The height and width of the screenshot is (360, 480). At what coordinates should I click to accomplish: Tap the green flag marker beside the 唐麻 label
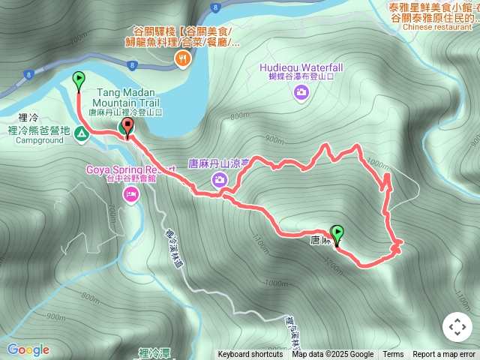[337, 234]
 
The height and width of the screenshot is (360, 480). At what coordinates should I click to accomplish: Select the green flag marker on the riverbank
[79, 80]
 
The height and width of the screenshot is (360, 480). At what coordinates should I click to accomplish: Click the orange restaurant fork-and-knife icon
[181, 58]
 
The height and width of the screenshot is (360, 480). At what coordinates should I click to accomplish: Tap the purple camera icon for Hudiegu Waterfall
[301, 92]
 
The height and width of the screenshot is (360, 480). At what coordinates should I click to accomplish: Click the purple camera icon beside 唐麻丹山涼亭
[220, 178]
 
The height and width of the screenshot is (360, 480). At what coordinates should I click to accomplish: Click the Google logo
[28, 349]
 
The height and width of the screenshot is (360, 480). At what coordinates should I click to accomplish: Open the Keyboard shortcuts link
[250, 355]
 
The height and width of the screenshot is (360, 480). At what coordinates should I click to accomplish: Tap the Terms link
[393, 355]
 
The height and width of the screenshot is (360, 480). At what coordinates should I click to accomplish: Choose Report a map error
[444, 355]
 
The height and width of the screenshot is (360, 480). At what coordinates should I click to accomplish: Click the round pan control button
[457, 327]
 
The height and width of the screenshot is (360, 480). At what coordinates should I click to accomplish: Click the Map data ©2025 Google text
[333, 355]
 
